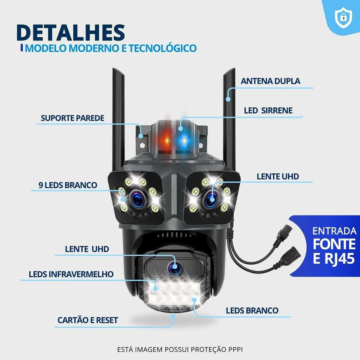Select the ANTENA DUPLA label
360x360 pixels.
pos(270,81)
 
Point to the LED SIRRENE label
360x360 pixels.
pos(268,110)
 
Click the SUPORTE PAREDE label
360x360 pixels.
pos(73,118)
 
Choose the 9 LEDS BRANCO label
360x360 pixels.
pos(68,185)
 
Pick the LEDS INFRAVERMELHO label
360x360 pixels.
pos(71,274)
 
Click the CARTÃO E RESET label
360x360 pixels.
pos(88,320)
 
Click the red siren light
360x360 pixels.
pos(166,140)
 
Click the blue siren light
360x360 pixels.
pos(184,140)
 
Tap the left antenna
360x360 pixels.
pos(118,120)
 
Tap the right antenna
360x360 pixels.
pos(229,120)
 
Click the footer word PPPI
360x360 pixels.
pos(235,349)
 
